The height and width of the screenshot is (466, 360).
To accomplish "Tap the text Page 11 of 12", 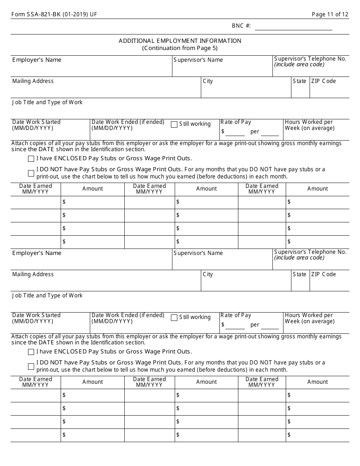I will click(x=330, y=14).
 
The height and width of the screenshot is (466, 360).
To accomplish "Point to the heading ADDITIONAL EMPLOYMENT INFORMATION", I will click(x=180, y=41).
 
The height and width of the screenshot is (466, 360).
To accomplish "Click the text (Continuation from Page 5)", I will click(x=180, y=48).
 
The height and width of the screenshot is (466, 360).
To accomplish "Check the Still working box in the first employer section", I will click(x=174, y=124).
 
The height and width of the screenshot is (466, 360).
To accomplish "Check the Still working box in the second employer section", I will click(x=174, y=317).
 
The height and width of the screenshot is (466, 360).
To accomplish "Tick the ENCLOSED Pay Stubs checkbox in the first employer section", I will click(x=31, y=159).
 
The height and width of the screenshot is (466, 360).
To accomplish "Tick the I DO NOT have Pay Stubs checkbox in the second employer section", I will click(x=31, y=366).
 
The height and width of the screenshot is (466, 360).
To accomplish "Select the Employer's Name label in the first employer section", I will click(x=37, y=60).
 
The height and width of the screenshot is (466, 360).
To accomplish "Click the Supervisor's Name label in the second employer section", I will click(x=198, y=253).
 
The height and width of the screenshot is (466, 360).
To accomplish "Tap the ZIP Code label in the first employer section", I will click(x=323, y=81).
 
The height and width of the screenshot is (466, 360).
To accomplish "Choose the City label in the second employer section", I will click(x=208, y=274).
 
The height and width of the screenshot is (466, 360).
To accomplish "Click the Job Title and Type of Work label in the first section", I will click(x=47, y=102).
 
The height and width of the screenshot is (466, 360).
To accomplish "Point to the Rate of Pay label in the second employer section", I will click(x=236, y=315).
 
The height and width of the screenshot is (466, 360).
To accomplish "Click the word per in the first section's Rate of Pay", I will click(x=255, y=132).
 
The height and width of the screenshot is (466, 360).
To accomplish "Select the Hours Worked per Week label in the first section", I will click(x=310, y=125).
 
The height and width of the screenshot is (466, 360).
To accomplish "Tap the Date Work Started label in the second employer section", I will click(x=36, y=318).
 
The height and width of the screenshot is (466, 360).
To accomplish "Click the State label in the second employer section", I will click(x=299, y=274).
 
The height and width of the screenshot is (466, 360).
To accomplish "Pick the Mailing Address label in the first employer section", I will click(x=33, y=81).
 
